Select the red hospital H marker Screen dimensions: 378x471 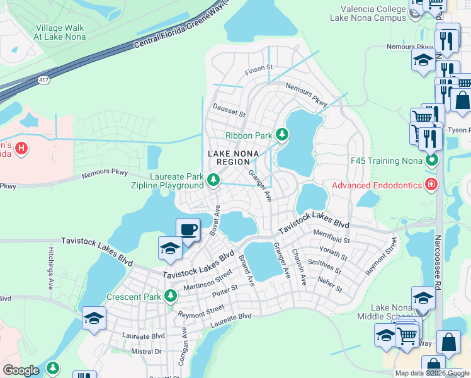pyautogui.click(x=21, y=149)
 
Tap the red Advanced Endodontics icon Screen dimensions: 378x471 pyautogui.click(x=431, y=185)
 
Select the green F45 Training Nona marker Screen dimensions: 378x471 pyautogui.click(x=431, y=160)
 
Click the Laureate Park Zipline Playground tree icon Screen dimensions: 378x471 pyautogui.click(x=213, y=181)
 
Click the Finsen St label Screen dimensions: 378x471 pyautogui.click(x=258, y=67)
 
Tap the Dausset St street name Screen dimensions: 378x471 pyautogui.click(x=229, y=111)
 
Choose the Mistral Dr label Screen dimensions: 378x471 pyautogui.click(x=146, y=352)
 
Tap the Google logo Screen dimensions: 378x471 pyautogui.click(x=21, y=370)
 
